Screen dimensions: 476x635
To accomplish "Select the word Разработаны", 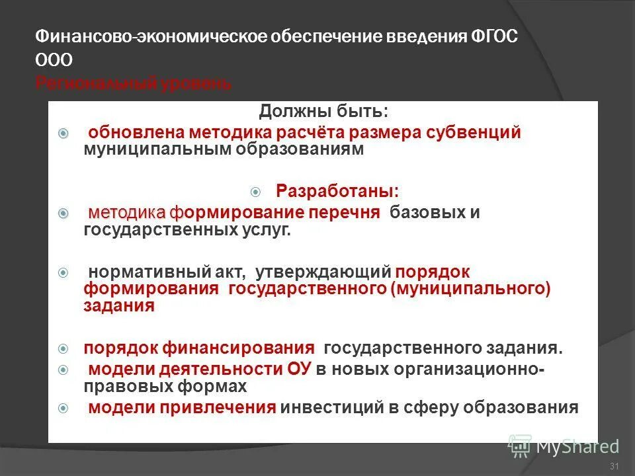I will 337,192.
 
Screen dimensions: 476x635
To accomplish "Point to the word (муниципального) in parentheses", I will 470,289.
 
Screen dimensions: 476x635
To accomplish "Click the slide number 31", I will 613,467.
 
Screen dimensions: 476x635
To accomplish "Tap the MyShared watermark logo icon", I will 521,446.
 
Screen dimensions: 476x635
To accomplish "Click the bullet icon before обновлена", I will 63,133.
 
